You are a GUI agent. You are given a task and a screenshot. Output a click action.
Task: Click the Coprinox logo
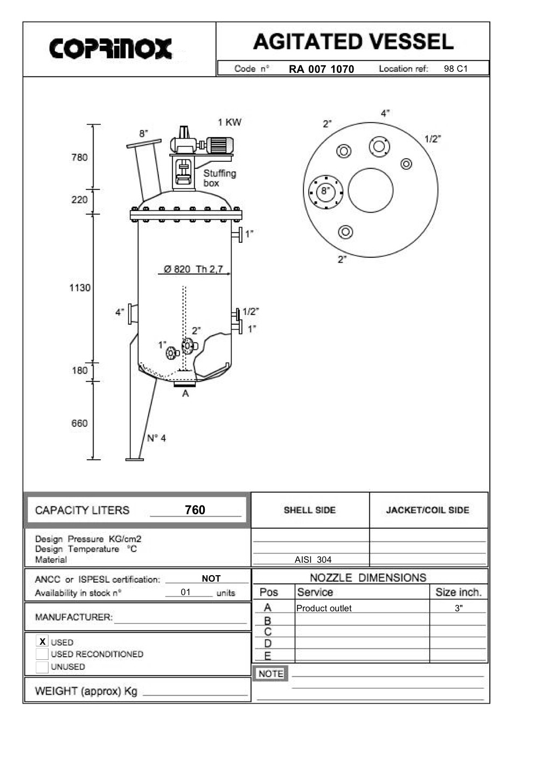tap(110, 49)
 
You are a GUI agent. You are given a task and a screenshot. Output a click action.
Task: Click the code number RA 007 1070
tap(321, 69)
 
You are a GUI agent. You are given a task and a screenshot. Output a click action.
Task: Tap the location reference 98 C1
tap(455, 69)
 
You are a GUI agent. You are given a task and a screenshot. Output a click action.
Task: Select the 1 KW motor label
tap(230, 122)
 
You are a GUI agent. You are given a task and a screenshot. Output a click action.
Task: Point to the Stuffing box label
tap(219, 178)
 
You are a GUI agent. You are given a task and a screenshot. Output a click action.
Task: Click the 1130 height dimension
tap(80, 288)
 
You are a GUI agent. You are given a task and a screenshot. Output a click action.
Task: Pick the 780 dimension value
tap(79, 158)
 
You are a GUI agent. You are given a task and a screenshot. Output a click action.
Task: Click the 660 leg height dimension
tap(79, 423)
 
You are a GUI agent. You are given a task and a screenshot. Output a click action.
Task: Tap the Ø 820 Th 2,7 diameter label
tap(193, 269)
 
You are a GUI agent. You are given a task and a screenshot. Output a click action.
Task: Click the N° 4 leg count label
tap(156, 438)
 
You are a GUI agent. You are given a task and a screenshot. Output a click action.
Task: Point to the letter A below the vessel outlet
tap(185, 394)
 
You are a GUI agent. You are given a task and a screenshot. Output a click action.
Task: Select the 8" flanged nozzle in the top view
tap(325, 191)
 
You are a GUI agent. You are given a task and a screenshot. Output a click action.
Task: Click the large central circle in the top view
tap(371, 190)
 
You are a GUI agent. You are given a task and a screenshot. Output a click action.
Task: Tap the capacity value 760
tap(195, 510)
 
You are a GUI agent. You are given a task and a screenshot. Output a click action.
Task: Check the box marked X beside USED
tap(42, 642)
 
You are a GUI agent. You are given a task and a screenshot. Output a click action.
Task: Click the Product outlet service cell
tap(324, 608)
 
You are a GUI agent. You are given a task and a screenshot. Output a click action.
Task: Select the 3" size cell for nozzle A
tap(459, 608)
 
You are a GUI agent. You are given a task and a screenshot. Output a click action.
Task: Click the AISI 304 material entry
tap(313, 560)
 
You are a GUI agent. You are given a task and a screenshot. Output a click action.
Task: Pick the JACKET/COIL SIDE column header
tap(428, 510)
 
